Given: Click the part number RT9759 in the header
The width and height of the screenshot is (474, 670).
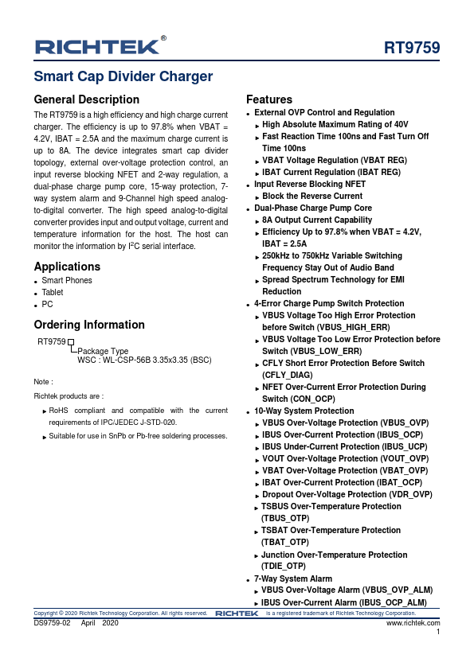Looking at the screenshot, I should click(412, 48).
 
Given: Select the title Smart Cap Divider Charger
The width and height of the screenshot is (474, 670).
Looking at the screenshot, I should click(123, 77).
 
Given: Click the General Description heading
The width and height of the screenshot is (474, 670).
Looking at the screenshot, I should click(86, 100).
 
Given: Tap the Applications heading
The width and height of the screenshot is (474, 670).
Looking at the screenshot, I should click(66, 266).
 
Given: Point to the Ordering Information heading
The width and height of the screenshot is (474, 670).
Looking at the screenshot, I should click(89, 325).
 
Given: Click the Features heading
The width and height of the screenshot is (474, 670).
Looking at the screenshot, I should click(268, 100).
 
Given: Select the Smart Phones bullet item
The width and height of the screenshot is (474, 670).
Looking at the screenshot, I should click(66, 280).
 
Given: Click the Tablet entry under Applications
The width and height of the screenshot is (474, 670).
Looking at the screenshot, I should click(53, 292).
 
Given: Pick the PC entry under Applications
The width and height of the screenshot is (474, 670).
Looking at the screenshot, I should click(47, 304).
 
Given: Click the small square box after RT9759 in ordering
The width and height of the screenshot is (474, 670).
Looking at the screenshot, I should click(70, 341).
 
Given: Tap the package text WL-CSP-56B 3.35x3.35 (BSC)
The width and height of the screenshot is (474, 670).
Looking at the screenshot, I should click(144, 360).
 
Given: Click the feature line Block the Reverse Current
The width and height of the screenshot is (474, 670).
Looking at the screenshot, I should click(311, 196).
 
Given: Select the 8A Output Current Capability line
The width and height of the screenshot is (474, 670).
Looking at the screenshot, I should click(316, 220).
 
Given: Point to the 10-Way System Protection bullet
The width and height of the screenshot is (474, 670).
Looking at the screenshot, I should click(304, 411).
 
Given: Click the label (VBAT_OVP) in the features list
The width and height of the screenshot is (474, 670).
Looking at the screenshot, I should click(402, 470).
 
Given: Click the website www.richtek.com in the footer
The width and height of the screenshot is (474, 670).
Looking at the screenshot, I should click(413, 623).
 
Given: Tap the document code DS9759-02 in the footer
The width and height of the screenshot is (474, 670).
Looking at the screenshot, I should click(52, 623).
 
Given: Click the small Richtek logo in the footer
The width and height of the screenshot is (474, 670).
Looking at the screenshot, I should click(237, 614).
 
